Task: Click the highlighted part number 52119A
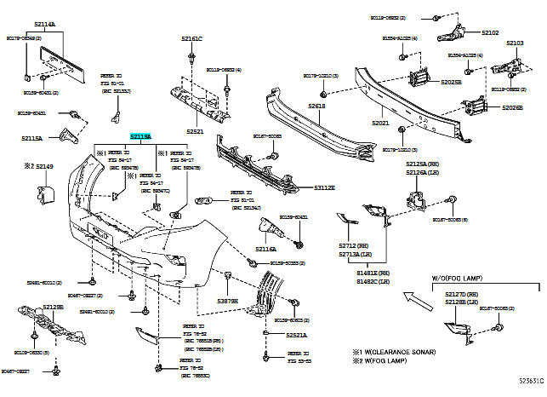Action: coord(140,136)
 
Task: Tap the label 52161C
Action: coord(191,39)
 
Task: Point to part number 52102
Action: coord(490,32)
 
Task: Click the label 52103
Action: coord(515,43)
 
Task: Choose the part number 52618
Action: coord(316,106)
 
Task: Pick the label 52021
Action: coord(379,124)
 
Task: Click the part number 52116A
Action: coord(265,249)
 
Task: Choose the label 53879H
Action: coord(227,302)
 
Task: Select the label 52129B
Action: coord(53,307)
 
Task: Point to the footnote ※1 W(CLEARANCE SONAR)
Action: coord(396,351)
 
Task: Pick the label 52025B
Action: coord(451,83)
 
